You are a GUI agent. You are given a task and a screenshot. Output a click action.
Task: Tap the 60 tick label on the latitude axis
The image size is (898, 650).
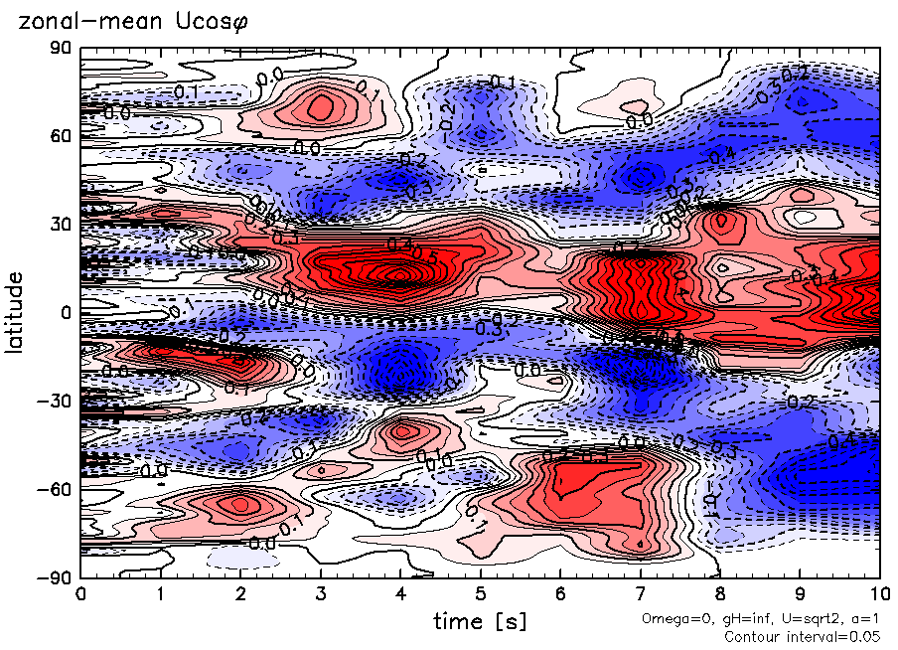pos(60,135)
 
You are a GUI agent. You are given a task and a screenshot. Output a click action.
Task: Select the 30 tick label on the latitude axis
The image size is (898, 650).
pos(60,224)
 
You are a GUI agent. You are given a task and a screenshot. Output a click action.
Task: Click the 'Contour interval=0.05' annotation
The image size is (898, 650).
pos(803,637)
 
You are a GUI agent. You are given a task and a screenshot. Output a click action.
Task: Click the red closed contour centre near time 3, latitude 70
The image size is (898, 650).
pos(321,106)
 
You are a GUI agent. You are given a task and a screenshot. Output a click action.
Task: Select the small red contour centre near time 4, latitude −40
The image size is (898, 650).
pos(401,431)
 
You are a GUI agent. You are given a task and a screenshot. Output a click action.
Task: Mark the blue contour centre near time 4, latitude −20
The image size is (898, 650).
pos(400,372)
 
